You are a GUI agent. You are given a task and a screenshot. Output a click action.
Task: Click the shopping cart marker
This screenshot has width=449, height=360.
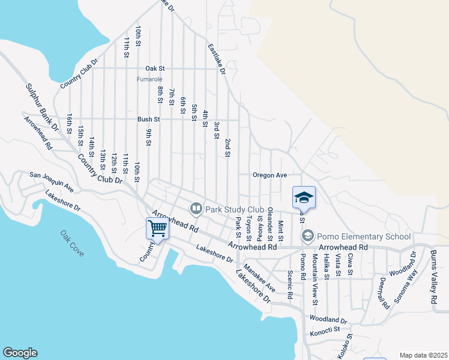coord(157,228)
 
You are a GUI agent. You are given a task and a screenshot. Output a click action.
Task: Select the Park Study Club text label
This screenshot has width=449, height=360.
coord(231,209)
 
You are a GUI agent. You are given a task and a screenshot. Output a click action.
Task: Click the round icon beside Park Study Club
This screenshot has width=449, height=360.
coord(196,209)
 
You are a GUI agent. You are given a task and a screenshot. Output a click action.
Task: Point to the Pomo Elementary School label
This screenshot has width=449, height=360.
coord(364,236)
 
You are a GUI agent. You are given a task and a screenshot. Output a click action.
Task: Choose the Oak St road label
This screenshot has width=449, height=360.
coord(155,68)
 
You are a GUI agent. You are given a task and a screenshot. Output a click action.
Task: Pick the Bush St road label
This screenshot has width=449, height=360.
coord(148,119)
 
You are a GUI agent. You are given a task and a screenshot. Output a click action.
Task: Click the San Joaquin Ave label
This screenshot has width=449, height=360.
coord(52,182)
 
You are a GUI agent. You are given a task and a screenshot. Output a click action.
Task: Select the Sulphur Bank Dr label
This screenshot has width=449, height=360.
coord(42,108)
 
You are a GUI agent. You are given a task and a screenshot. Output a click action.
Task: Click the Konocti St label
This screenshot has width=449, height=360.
coord(325,329)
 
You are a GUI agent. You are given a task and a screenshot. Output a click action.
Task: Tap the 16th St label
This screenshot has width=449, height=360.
coord(70,124)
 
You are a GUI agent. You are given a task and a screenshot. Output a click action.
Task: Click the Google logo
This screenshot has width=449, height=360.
coord(20,353)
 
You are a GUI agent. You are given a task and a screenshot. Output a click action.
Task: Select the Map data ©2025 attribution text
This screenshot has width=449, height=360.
coord(423,355)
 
